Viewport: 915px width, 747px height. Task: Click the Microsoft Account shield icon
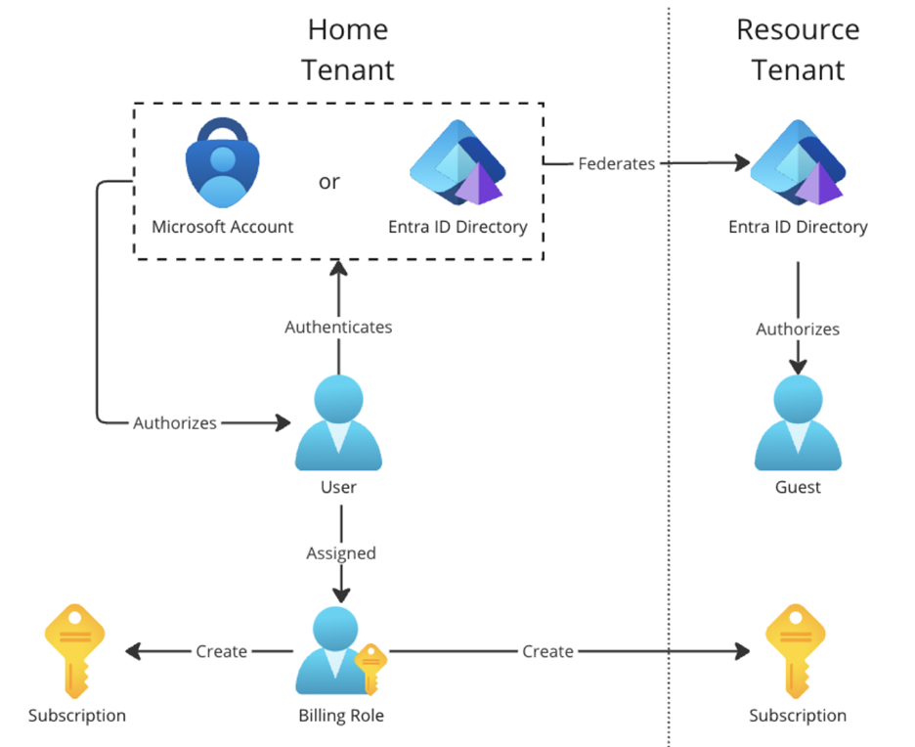click(x=223, y=163)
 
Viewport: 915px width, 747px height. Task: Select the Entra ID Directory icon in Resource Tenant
click(x=797, y=164)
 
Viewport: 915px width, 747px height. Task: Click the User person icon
click(x=338, y=426)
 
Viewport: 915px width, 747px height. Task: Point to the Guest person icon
click(x=798, y=425)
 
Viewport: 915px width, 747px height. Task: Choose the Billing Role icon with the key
click(x=338, y=651)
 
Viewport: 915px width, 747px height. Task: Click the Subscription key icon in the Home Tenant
click(x=76, y=650)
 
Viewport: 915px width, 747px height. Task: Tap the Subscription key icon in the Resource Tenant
click(x=797, y=650)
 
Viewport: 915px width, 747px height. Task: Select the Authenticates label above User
click(x=338, y=327)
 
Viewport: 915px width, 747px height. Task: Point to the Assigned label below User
click(x=340, y=552)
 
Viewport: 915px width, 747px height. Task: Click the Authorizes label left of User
click(x=175, y=422)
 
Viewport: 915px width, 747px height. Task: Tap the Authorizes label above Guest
click(x=798, y=330)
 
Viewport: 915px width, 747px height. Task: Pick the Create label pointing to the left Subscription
click(x=221, y=651)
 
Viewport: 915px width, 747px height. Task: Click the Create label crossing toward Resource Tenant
click(x=547, y=651)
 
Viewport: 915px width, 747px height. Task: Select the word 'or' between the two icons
click(x=329, y=182)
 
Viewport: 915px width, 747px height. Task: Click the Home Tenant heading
click(x=348, y=50)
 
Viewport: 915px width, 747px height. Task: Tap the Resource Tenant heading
click(x=798, y=50)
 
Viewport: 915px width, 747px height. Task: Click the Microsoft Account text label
click(x=223, y=227)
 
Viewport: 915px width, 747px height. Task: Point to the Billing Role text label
click(x=340, y=716)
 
